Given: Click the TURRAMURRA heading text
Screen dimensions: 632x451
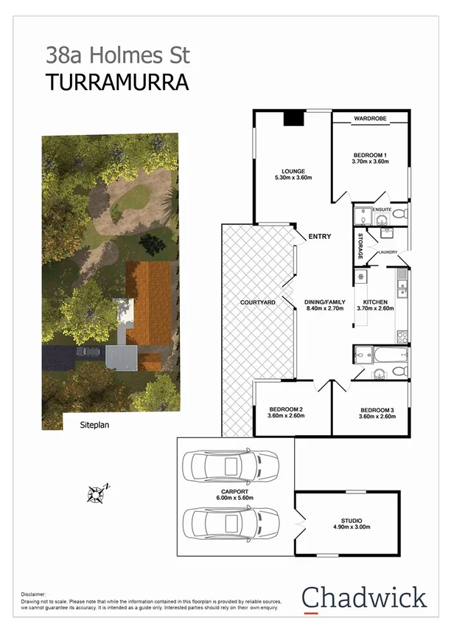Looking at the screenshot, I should (117, 82).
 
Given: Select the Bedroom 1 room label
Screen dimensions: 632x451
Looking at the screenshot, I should (369, 154).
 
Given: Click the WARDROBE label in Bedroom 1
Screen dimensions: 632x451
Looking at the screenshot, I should (369, 118).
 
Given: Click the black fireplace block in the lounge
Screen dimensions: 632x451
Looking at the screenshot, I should (295, 117).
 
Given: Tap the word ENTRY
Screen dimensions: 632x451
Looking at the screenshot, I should (320, 237).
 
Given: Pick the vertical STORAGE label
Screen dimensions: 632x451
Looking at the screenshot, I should (361, 247).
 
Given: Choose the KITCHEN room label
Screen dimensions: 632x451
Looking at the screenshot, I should (374, 302).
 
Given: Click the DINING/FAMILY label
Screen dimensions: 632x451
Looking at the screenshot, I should (325, 302).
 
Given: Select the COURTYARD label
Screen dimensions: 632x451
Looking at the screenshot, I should (258, 302).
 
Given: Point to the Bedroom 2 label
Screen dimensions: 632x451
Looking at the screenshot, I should (286, 409).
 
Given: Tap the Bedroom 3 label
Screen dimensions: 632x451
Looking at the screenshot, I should (377, 409).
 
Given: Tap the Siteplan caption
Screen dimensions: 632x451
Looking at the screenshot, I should (99, 425).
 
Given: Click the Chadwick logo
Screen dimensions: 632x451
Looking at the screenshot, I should (364, 597).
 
